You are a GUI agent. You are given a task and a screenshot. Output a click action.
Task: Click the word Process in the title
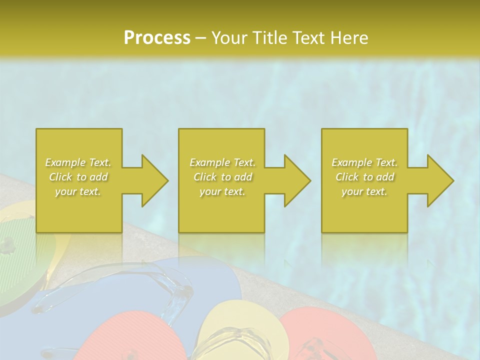[157, 38]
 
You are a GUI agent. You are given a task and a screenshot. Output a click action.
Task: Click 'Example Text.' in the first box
[78, 162]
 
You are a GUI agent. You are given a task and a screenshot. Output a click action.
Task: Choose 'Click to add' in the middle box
[222, 177]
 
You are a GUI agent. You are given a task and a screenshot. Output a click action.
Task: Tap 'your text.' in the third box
[364, 191]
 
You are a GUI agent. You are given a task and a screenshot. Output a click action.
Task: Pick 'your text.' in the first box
[78, 191]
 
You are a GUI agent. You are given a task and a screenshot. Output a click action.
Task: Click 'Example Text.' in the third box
[364, 162]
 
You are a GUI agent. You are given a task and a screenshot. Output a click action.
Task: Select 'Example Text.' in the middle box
[222, 162]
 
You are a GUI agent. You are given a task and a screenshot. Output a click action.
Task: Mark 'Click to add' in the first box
[78, 177]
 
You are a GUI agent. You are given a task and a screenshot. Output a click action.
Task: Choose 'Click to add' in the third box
[364, 177]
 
